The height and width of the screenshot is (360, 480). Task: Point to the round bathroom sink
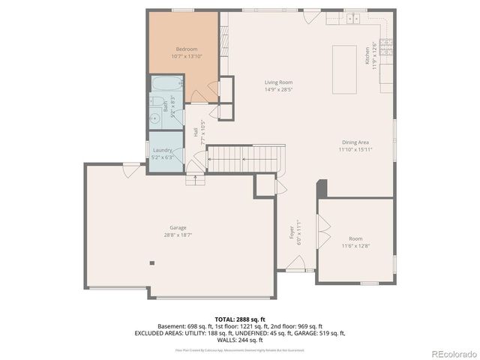154,116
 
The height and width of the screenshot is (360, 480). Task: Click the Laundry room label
163,150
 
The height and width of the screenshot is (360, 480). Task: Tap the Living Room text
277,82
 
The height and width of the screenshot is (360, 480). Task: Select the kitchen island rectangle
344,69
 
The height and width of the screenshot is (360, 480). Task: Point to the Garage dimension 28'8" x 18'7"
178,235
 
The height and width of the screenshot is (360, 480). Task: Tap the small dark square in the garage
152,262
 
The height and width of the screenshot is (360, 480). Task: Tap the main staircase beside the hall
244,158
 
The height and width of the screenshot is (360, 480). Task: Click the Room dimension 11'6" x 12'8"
355,245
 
